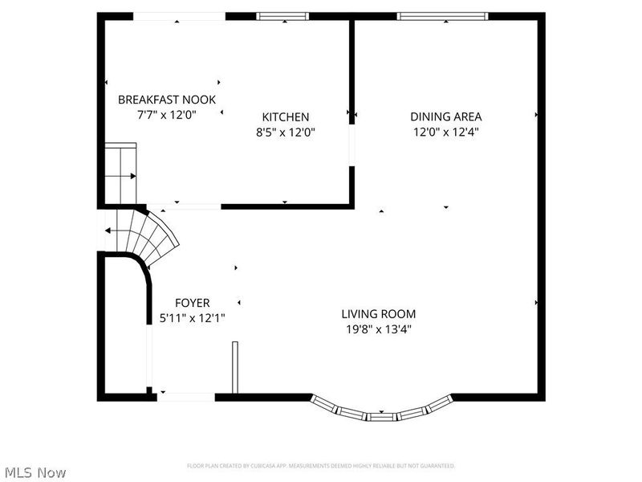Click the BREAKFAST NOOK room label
point(167,100)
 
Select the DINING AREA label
point(446,116)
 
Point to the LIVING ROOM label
point(379,314)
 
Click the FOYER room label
point(193,303)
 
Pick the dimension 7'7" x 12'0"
point(167,115)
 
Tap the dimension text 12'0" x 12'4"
point(446,132)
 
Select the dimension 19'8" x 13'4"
point(379,329)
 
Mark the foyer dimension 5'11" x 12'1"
point(193,317)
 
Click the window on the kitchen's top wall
point(282,15)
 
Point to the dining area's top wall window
point(442,15)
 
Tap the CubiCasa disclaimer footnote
point(321,465)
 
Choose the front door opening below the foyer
point(186,395)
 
